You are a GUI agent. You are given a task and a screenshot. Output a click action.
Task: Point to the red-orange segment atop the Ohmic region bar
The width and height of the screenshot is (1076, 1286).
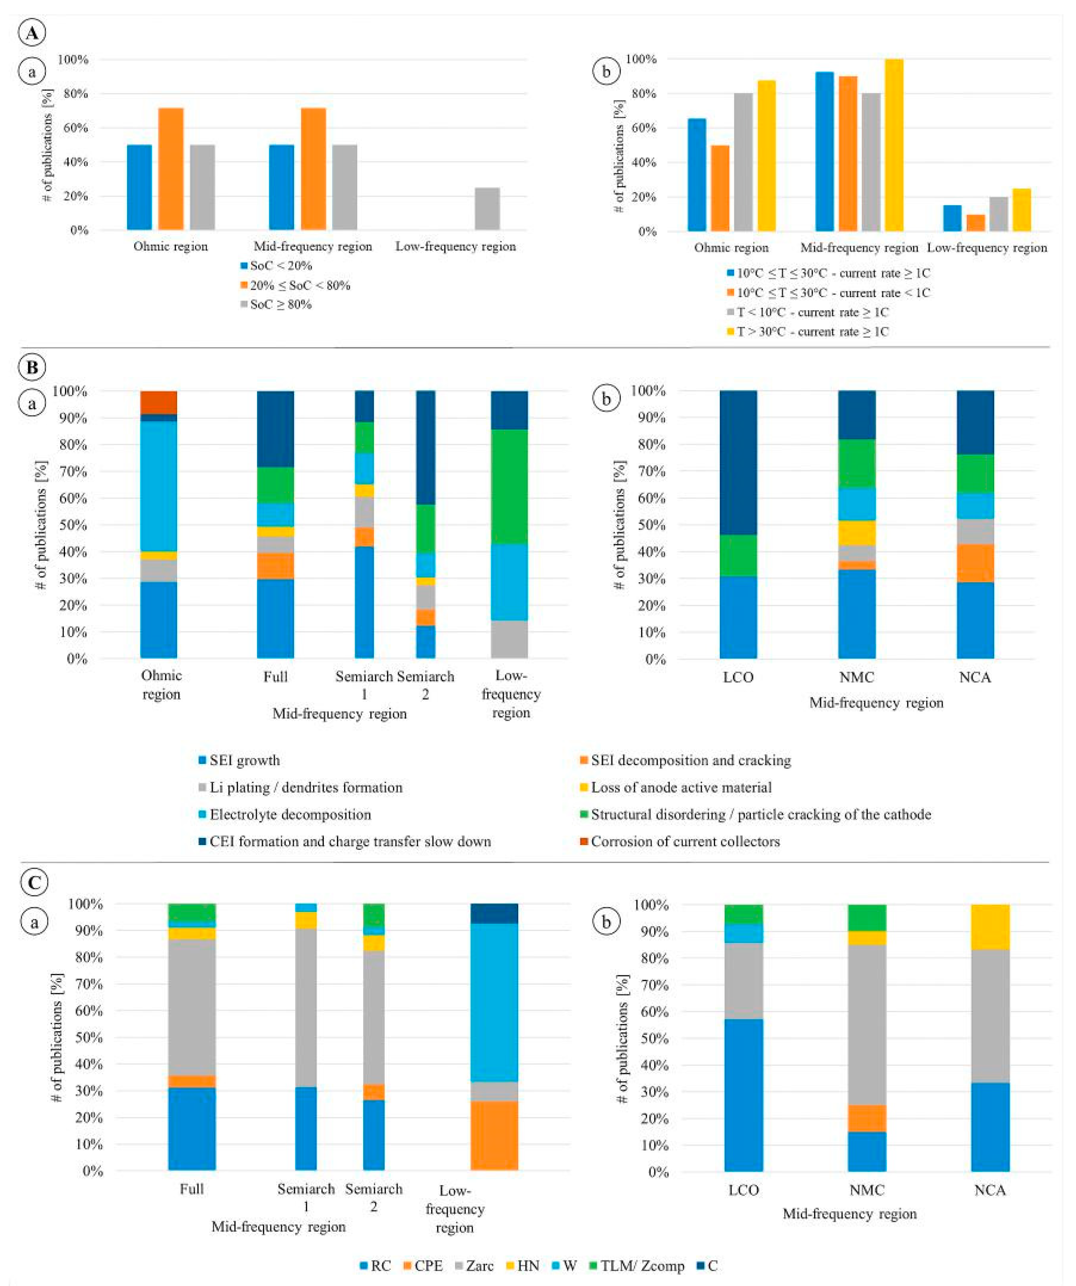pos(159,402)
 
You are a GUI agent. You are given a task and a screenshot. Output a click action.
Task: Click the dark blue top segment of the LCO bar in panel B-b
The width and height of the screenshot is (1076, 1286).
pos(738,462)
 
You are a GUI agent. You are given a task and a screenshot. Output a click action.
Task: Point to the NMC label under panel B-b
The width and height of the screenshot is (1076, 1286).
pos(856,677)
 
